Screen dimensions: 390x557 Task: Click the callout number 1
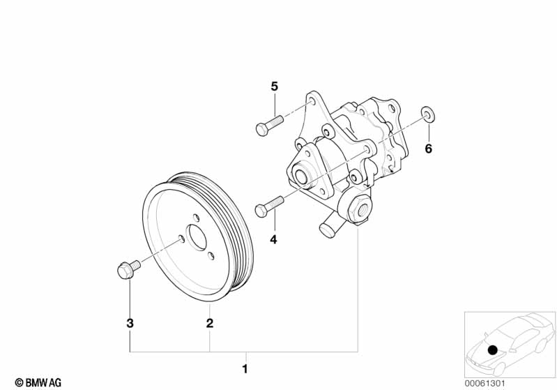pyautogui.click(x=244, y=368)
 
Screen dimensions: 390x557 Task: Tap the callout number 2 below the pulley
pyautogui.click(x=208, y=323)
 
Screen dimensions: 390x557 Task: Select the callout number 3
pyautogui.click(x=130, y=323)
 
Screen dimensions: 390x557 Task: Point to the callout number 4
pyautogui.click(x=273, y=239)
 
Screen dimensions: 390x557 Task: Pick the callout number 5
pyautogui.click(x=274, y=87)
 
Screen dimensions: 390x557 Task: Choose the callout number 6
pyautogui.click(x=429, y=149)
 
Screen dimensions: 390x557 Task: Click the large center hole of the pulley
pyautogui.click(x=197, y=237)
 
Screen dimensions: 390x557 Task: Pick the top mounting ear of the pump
pyautogui.click(x=314, y=101)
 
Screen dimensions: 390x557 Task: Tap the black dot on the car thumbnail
pyautogui.click(x=493, y=350)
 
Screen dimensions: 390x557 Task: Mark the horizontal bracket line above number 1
pyautogui.click(x=244, y=350)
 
